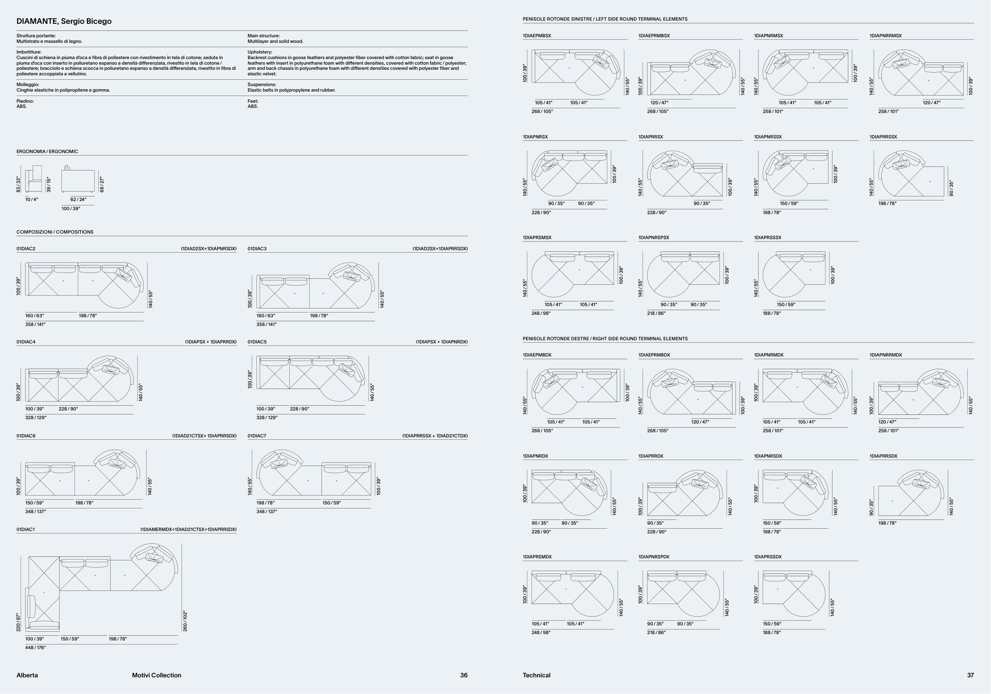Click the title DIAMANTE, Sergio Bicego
(64, 21)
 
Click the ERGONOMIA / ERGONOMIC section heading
(47, 151)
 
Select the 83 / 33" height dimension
(18, 184)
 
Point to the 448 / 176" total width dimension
(35, 648)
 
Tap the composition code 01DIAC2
(26, 249)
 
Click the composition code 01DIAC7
(257, 436)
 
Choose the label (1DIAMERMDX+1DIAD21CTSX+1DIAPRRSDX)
(188, 529)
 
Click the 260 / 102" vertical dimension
(185, 621)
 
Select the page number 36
(463, 675)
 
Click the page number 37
(970, 675)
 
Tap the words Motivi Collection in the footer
(157, 675)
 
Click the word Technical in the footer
(536, 675)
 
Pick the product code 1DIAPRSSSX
(767, 238)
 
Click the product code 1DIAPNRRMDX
(886, 355)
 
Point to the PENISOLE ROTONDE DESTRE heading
(605, 339)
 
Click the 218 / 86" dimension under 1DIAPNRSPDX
(656, 633)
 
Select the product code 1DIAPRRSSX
(883, 137)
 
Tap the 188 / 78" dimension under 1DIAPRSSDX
(772, 633)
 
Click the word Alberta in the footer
(27, 675)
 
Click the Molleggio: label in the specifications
(28, 84)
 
